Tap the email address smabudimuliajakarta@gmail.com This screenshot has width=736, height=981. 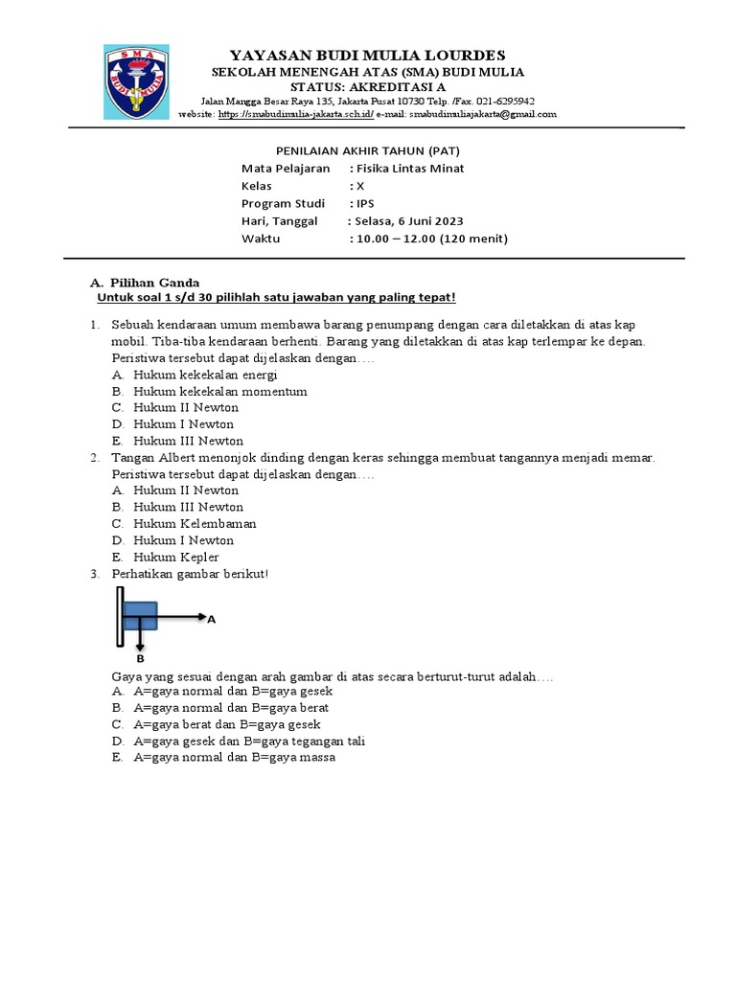(x=483, y=114)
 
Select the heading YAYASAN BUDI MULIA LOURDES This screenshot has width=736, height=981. (x=368, y=55)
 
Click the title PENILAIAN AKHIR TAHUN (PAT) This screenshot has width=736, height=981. (x=361, y=150)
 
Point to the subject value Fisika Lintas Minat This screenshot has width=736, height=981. (x=411, y=169)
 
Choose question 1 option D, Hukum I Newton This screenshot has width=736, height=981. (x=183, y=424)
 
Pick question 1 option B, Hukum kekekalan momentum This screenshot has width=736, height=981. (x=220, y=391)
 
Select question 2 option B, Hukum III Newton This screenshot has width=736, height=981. (x=188, y=507)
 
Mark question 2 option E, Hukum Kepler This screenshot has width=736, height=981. (x=176, y=557)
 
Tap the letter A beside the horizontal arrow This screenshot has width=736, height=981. (x=212, y=620)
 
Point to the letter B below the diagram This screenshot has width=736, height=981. (x=140, y=659)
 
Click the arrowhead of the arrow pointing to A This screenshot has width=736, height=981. (x=201, y=617)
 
